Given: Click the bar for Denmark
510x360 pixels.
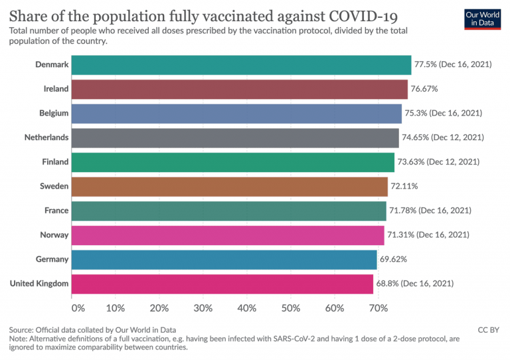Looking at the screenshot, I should pos(241,64).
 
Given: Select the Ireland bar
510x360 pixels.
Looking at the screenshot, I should pos(239,89).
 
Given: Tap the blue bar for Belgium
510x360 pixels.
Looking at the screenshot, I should pos(236,114).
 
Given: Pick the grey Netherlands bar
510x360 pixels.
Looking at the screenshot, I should pos(235,137).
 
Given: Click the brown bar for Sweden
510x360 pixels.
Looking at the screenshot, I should pos(229,187).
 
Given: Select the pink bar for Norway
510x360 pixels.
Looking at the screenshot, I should pos(228,235).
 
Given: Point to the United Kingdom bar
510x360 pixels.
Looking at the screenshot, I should pos(222,284).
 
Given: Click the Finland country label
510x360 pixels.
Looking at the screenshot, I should pos(54,162).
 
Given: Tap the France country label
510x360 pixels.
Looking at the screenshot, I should pos(56,211).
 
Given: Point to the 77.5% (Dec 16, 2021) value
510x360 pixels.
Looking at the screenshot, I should pos(453,64).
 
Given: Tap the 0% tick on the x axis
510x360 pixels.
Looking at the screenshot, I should pos(78,308).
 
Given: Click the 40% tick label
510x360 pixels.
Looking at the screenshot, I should pos(246,308).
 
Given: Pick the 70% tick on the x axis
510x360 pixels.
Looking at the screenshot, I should pos(378,308).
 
